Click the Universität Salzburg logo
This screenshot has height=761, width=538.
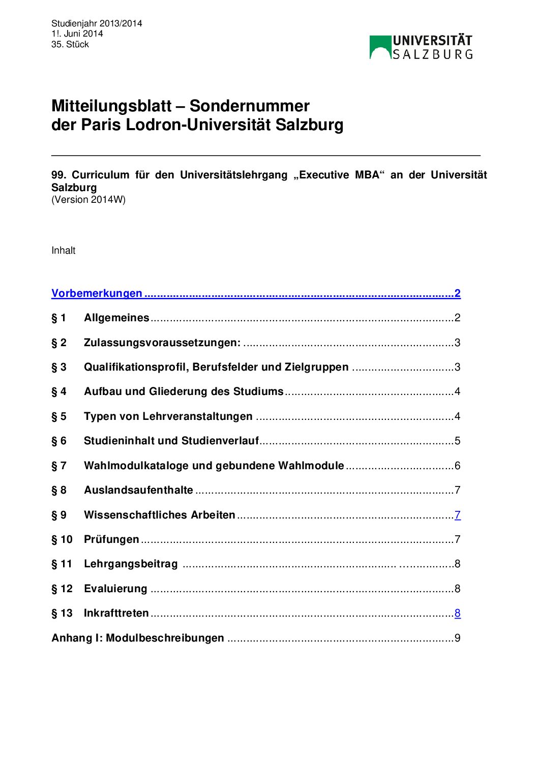pos(421,47)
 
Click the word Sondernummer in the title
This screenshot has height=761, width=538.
pos(249,106)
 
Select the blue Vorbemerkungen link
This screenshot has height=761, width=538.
pos(97,293)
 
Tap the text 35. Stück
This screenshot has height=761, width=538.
pos(70,45)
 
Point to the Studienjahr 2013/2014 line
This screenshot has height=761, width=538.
pos(97,23)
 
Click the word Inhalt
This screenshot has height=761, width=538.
pos(64,251)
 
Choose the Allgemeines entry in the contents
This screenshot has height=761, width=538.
pos(116,318)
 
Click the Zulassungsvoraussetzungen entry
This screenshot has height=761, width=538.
pos(162,343)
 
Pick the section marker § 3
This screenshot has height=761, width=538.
pos(59,367)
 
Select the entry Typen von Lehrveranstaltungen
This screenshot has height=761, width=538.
pos(168,416)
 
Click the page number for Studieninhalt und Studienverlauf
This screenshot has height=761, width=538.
pos(457,441)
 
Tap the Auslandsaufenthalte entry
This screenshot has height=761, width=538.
pos(138,490)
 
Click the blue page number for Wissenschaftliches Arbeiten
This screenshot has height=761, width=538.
pos(458,515)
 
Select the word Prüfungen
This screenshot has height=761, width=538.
pos(111,539)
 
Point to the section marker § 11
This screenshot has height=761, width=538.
pos(62,564)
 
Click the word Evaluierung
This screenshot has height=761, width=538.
pos(115,589)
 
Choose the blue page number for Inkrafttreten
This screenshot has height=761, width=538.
pos(458,613)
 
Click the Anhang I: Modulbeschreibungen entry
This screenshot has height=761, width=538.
pos(138,638)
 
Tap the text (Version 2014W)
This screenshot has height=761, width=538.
pos(88,200)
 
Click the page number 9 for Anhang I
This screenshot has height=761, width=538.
pos(458,638)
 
